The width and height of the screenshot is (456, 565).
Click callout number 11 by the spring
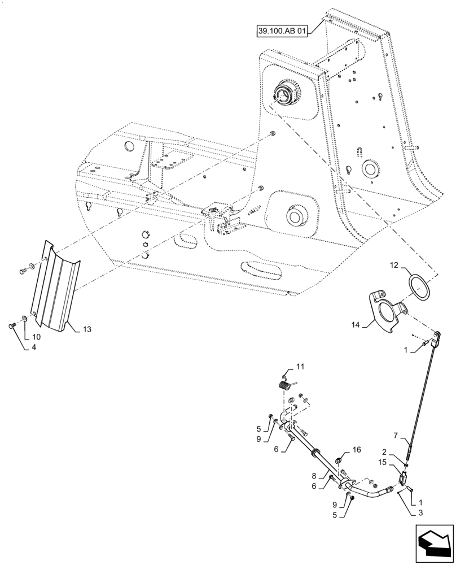coord(300,367)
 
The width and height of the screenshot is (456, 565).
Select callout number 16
coord(356,450)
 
